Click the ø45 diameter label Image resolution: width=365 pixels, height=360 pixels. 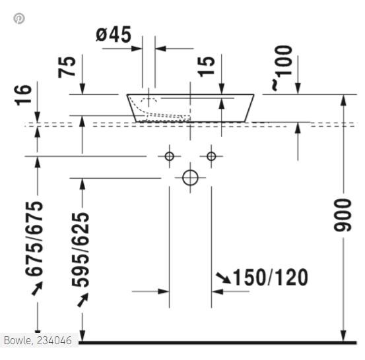pos(115,34)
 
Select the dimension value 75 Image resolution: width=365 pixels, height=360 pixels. pos(68,67)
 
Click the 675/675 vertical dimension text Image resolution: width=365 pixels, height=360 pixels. pos(34,239)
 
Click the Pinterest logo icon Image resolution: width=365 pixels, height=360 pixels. pos(19,18)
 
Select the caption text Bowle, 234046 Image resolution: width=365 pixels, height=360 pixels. pos(37,341)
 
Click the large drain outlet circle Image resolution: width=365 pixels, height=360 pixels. pos(190,177)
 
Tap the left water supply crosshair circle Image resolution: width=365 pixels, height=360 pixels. pos(169,156)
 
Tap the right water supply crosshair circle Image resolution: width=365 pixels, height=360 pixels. pos(211,156)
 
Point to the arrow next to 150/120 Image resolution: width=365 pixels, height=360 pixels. pos(222,278)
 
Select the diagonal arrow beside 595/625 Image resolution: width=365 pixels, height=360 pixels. pos(82,300)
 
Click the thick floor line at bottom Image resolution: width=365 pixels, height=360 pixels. pos(218,342)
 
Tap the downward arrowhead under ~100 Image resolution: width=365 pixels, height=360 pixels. pos(297,88)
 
